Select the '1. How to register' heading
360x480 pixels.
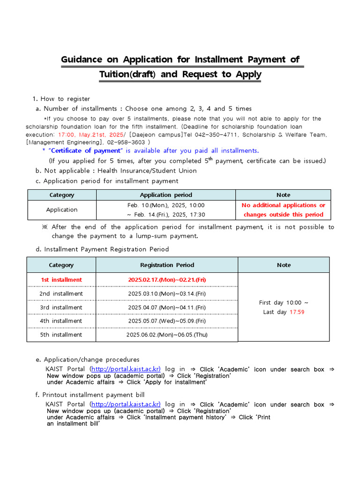pyautogui.click(x=61, y=98)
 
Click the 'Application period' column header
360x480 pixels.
pyautogui.click(x=166, y=195)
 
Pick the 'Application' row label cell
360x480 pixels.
pyautogui.click(x=62, y=210)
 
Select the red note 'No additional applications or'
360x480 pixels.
pyautogui.click(x=283, y=205)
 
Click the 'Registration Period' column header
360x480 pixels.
pyautogui.click(x=167, y=265)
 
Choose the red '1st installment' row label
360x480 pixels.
pyautogui.click(x=61, y=280)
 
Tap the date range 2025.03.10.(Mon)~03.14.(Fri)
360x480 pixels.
pyautogui.click(x=167, y=293)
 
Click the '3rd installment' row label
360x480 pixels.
pyautogui.click(x=61, y=307)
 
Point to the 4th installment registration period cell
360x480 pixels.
pyautogui.click(x=167, y=321)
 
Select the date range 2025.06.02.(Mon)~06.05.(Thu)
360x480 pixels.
pyautogui.click(x=167, y=335)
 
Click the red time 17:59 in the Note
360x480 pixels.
pyautogui.click(x=297, y=312)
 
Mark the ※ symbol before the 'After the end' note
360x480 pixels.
pyautogui.click(x=45, y=227)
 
